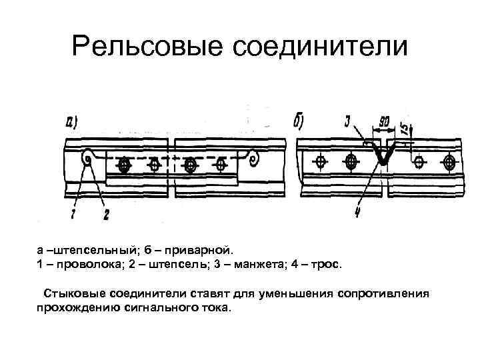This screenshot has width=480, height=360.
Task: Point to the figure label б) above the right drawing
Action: pos(299,122)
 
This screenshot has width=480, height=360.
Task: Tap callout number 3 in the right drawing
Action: pos(347,121)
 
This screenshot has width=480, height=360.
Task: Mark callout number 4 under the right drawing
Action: pos(358,212)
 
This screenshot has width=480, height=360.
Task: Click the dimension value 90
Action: pos(383,123)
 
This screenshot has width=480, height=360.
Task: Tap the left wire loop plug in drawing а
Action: pos(87,158)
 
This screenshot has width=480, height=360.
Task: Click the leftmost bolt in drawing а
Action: pos(123,163)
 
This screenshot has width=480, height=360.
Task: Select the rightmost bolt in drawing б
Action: pos(450,162)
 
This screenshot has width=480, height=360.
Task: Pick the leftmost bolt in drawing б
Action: pos(321,162)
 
